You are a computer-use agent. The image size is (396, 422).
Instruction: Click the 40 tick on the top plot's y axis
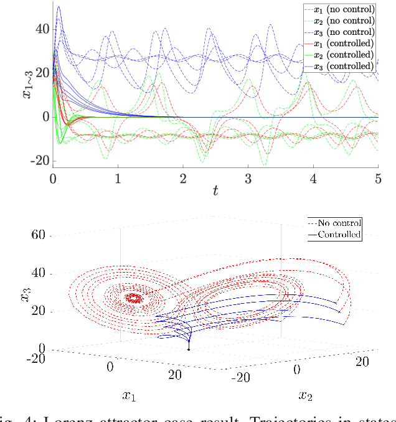pos(41,29)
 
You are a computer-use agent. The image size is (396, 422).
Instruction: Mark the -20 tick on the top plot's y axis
pos(39,161)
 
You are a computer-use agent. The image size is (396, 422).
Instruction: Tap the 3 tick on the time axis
pos(248,179)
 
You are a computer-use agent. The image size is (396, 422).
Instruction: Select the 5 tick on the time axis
pos(377,179)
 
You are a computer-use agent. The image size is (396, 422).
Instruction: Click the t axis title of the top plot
pos(215,192)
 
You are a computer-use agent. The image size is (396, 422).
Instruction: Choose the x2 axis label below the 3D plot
pos(305,396)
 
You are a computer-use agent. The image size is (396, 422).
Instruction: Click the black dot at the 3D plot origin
pos(189,350)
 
